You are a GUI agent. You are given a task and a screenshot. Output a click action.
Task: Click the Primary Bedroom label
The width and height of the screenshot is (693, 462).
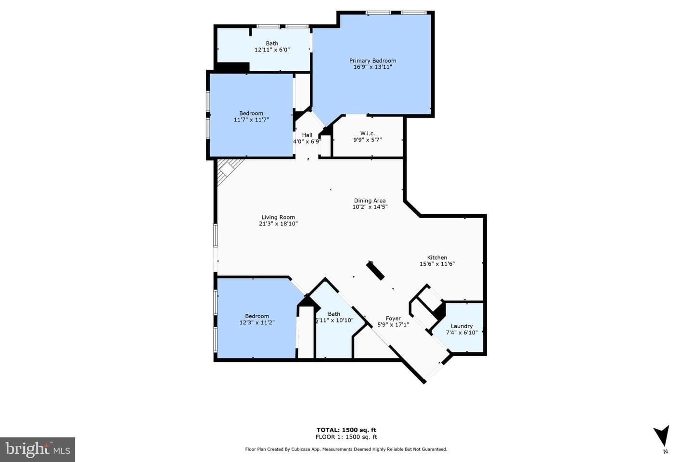[372, 61]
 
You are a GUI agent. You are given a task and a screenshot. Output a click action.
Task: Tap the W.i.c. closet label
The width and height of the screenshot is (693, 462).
[368, 133]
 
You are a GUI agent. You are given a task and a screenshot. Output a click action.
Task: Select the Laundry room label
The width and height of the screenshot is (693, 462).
[462, 326]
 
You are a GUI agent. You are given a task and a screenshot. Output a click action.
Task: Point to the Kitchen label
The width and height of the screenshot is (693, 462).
[437, 257]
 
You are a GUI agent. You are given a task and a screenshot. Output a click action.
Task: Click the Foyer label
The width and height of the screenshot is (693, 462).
[393, 319]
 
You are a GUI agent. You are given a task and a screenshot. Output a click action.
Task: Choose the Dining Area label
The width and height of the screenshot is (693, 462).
[370, 201]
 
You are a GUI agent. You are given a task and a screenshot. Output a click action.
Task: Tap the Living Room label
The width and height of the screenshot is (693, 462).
[278, 217]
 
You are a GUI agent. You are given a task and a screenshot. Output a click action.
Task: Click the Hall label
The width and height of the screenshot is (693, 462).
[307, 135]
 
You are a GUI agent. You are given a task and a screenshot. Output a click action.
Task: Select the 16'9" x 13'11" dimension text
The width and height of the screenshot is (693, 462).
[373, 67]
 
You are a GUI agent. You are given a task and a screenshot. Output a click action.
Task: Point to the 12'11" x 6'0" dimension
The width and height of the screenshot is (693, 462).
[272, 50]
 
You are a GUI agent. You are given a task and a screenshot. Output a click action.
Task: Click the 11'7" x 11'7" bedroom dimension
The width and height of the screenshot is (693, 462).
[251, 119]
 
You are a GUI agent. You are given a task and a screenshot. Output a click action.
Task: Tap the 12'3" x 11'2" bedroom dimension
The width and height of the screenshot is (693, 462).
[257, 322]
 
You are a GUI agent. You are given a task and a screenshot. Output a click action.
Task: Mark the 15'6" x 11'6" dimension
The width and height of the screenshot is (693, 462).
[437, 264]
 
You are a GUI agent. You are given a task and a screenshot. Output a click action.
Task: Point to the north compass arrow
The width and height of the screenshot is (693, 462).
[662, 436]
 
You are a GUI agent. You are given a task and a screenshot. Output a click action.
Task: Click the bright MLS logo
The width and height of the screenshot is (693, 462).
[38, 449]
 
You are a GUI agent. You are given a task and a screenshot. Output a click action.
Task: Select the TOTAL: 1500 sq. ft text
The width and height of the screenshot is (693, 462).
[346, 430]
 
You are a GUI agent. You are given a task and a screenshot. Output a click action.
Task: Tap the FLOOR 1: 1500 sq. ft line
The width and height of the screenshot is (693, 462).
[346, 437]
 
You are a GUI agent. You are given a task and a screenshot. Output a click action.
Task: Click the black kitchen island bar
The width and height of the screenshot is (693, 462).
[375, 270]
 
